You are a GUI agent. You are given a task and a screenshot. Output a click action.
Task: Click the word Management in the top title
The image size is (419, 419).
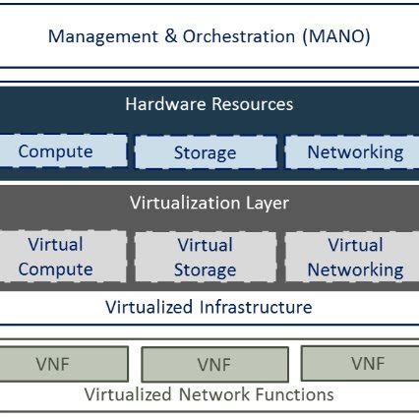(99, 37)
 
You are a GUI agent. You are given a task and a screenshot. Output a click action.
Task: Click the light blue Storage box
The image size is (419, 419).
(205, 152)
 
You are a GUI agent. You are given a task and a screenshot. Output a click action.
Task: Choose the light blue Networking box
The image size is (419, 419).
(354, 151)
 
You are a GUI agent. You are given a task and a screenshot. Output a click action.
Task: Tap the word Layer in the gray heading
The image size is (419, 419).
(266, 204)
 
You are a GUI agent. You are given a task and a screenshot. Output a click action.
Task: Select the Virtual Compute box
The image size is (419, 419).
(56, 257)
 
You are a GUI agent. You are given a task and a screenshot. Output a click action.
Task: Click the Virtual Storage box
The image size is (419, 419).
(205, 257)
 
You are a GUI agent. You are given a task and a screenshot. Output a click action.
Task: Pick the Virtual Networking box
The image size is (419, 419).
(354, 257)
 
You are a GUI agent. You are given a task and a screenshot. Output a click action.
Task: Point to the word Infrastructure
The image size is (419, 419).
(255, 307)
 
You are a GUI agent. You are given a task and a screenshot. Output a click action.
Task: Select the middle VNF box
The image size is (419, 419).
(213, 365)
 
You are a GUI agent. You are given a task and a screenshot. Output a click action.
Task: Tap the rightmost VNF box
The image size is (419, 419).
(366, 363)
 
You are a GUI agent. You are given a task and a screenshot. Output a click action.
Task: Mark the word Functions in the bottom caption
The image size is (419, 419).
(298, 395)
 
